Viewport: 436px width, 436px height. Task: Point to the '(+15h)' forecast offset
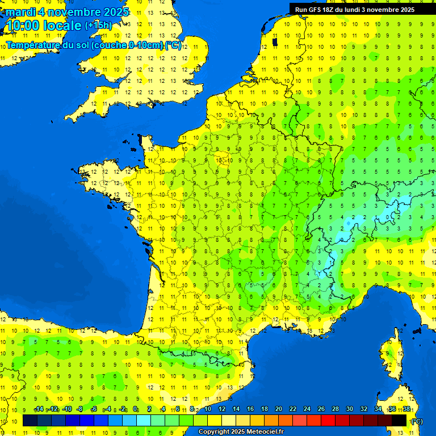(x=98, y=25)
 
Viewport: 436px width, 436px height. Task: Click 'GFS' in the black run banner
(x=314, y=9)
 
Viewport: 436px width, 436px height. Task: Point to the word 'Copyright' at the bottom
(x=213, y=432)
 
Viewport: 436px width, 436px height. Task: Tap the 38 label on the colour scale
(x=406, y=409)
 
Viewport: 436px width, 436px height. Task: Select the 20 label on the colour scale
(x=278, y=409)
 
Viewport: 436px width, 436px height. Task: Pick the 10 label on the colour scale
(x=207, y=409)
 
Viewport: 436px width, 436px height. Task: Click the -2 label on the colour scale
(x=123, y=409)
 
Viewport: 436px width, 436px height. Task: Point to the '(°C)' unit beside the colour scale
(x=417, y=421)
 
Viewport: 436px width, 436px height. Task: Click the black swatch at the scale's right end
(x=399, y=421)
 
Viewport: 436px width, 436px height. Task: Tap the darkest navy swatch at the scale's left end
(x=30, y=421)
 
